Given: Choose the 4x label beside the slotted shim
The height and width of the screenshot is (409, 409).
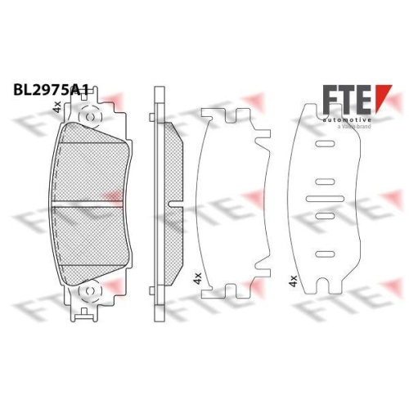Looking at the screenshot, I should coord(292,281).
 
